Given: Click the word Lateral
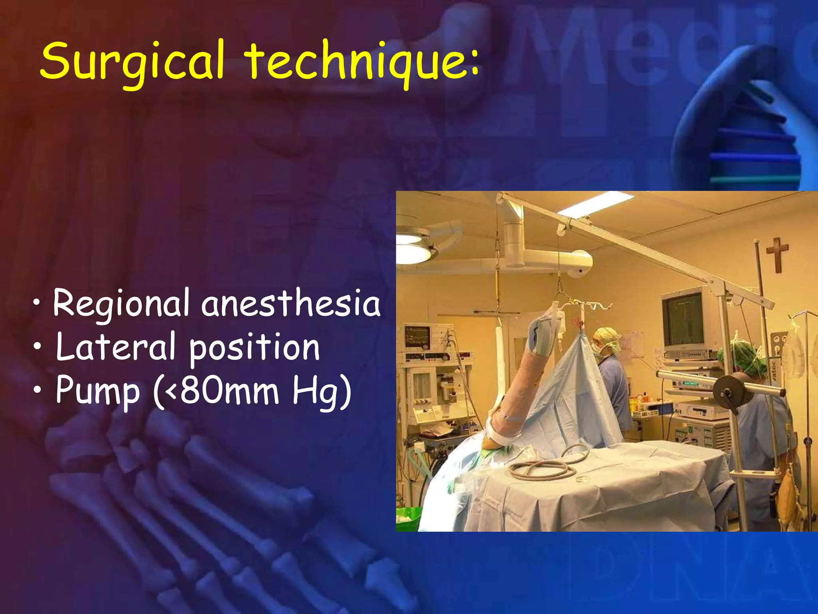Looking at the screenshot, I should [x=116, y=347].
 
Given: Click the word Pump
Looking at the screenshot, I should [x=98, y=391].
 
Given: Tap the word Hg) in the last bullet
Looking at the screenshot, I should [x=322, y=391].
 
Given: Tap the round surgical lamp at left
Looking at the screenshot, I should [x=413, y=246].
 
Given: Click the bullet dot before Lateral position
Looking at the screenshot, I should [x=37, y=346].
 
